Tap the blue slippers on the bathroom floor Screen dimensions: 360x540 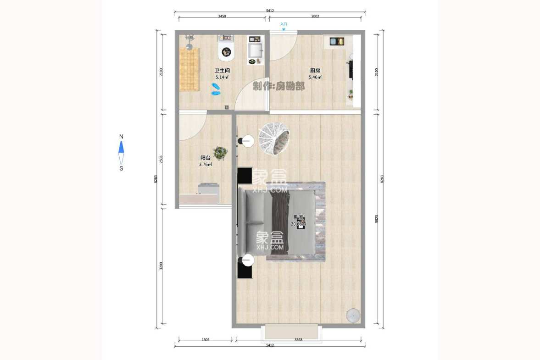tap(216, 89)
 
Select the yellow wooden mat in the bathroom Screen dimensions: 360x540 tap(189, 69)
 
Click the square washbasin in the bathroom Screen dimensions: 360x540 tap(256, 49)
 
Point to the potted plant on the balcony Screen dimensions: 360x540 tap(220, 153)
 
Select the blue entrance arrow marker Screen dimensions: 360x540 tap(284, 29)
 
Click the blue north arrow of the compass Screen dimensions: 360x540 tap(121, 147)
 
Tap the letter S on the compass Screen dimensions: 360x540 tap(121, 168)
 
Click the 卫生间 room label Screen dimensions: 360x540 tap(222, 71)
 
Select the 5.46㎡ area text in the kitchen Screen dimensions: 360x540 tap(315, 78)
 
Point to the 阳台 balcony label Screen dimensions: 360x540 tap(205, 158)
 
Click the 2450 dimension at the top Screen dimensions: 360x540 tap(222, 16)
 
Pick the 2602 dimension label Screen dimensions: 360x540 tap(315, 16)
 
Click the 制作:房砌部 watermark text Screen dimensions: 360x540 tap(278, 86)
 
